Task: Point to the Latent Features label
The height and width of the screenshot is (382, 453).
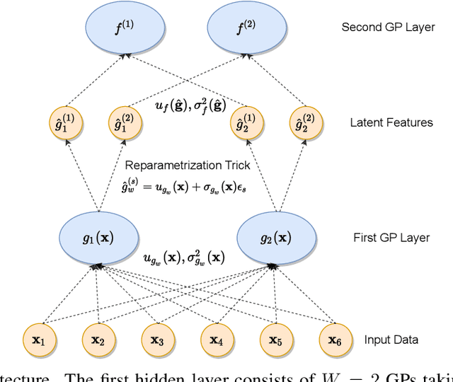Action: click(391, 122)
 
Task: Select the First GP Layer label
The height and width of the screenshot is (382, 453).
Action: click(391, 238)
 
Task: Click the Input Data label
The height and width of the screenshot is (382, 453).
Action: click(391, 340)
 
